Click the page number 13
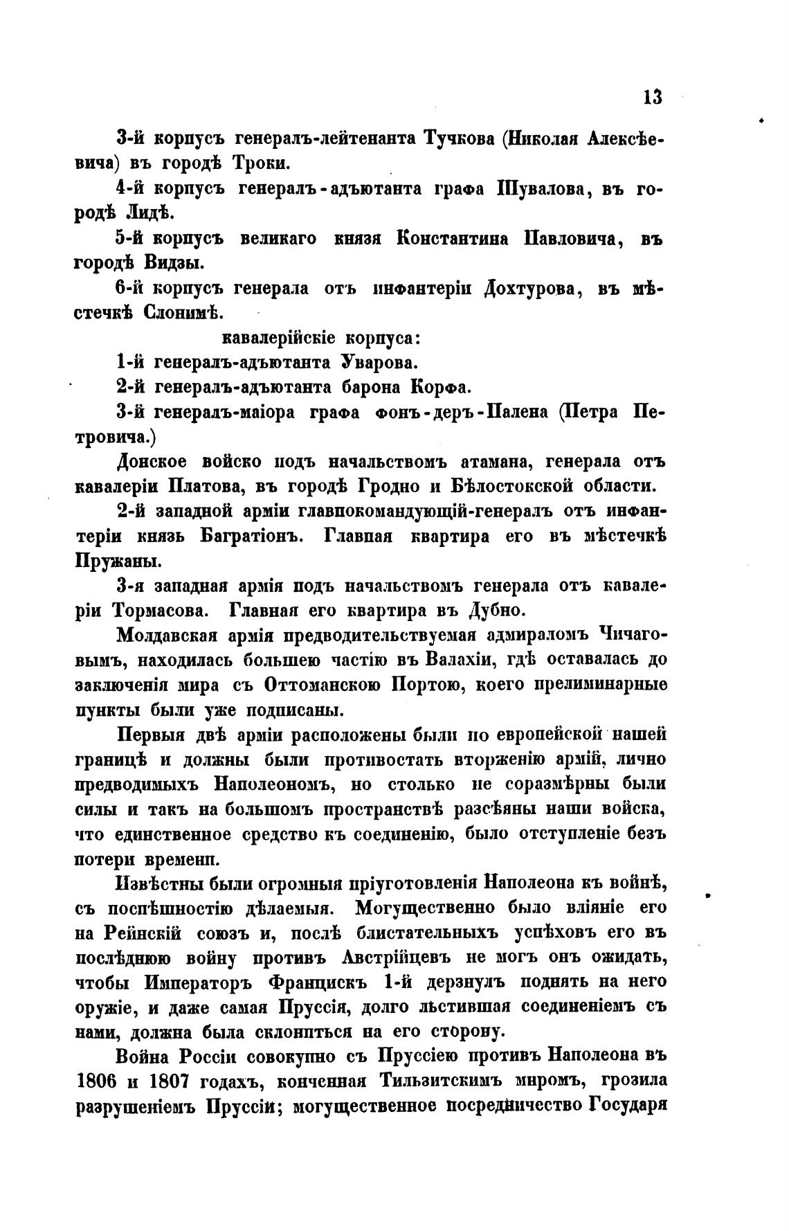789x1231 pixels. pos(652,97)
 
